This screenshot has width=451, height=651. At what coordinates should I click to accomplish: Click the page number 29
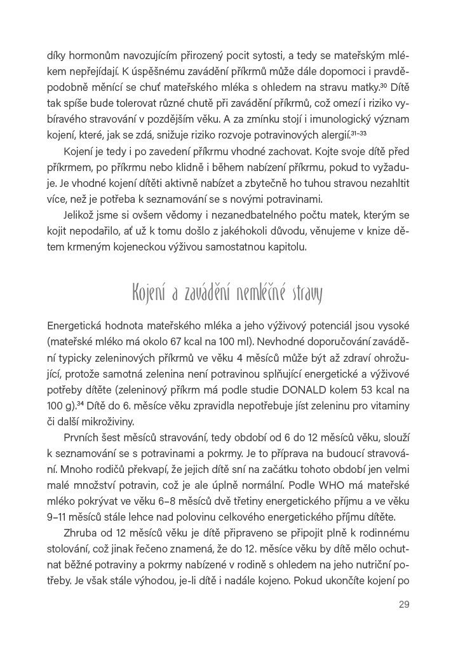(403, 604)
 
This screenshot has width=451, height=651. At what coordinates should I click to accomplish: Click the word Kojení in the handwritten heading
(147, 294)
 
